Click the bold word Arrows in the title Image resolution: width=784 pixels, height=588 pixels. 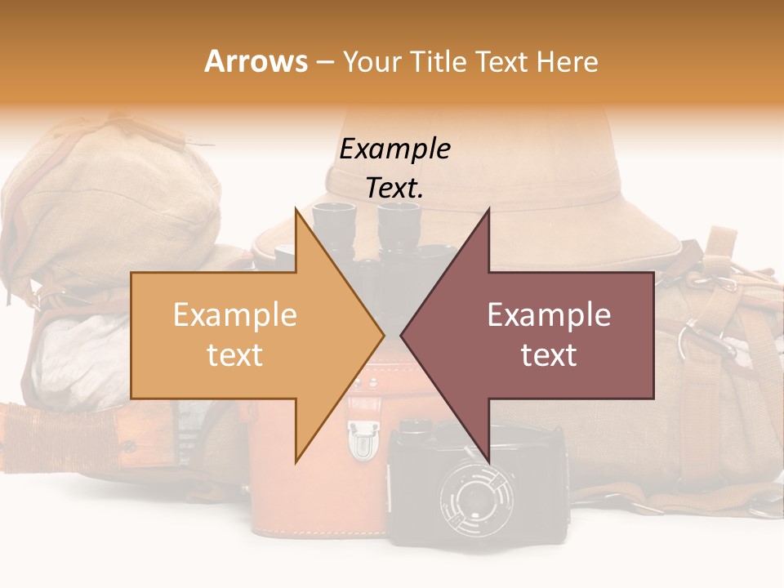point(256,61)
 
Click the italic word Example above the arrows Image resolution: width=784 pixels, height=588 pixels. point(394,149)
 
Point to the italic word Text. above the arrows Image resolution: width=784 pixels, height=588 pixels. point(394,188)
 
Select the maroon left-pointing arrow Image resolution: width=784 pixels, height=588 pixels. point(539,335)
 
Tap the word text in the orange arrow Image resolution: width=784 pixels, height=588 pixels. point(234,355)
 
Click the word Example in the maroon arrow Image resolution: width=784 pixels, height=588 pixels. point(549,315)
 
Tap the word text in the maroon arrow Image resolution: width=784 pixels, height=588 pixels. point(549,355)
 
